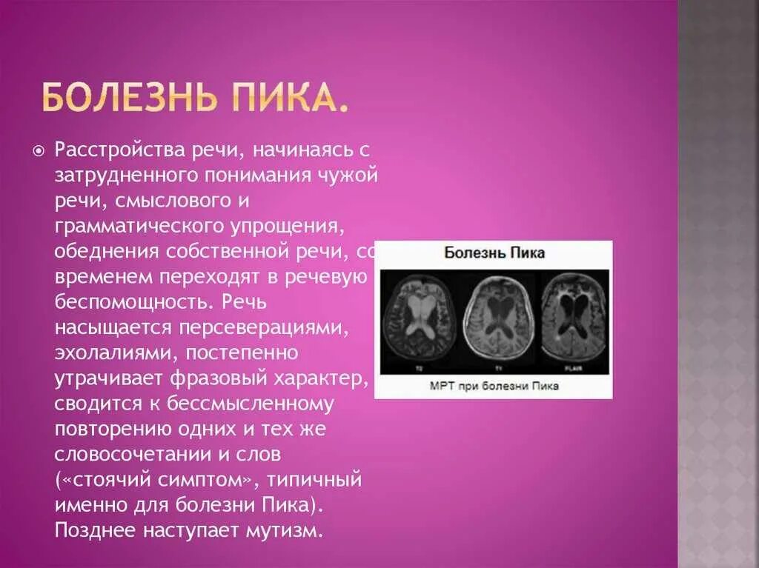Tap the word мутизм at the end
point(287,530)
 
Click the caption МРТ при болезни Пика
point(494,386)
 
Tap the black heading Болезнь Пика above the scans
point(494,253)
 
